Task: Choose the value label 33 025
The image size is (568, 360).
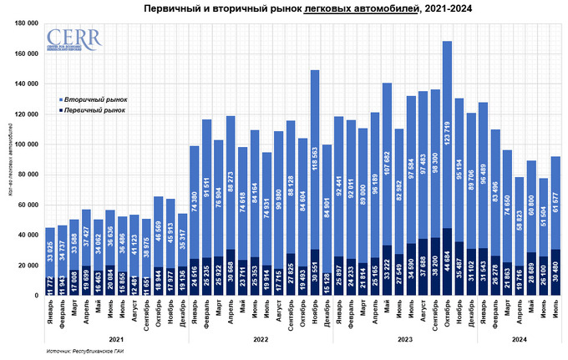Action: point(49,253)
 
